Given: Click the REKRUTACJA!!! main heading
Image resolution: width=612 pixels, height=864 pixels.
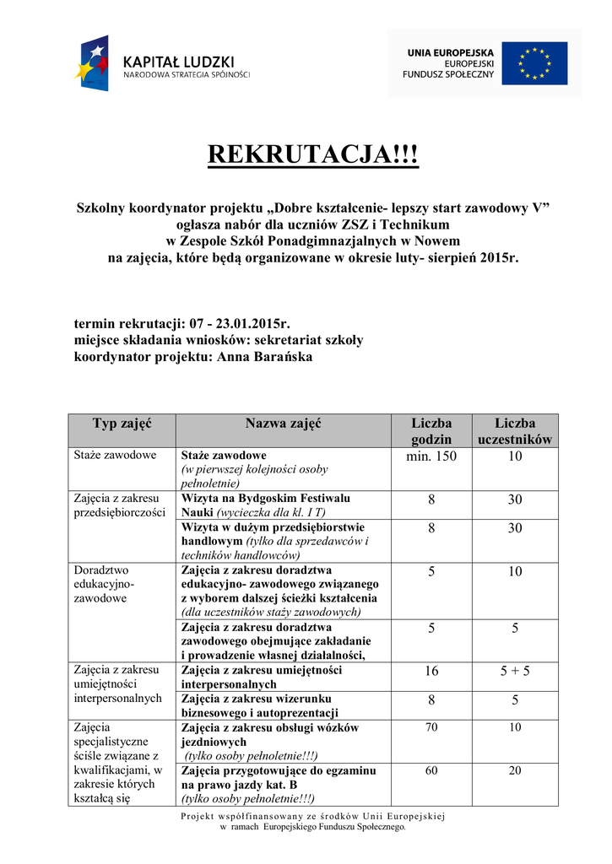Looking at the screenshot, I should [x=313, y=155].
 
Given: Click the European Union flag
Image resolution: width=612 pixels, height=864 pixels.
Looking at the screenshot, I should [x=534, y=63].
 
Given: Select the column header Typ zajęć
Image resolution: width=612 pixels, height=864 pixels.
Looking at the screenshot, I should [x=122, y=423].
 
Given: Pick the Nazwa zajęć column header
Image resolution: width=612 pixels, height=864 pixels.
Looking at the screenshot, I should [x=283, y=423].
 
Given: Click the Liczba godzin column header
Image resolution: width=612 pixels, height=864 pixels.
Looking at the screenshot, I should [x=431, y=431].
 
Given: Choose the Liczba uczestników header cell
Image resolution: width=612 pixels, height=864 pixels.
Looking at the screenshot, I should [x=515, y=431].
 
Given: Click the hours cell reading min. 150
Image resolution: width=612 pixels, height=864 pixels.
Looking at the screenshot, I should [x=431, y=456].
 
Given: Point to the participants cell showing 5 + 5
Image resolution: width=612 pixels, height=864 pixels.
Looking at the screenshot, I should [x=515, y=671].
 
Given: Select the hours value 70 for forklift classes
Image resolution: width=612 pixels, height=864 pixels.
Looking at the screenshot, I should [x=431, y=727].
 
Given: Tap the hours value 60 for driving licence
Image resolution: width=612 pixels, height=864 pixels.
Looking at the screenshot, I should [x=431, y=770].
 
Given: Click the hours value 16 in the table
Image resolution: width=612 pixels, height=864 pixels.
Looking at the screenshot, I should [x=431, y=671].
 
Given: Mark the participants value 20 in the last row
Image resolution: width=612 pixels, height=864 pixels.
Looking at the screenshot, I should [x=515, y=770].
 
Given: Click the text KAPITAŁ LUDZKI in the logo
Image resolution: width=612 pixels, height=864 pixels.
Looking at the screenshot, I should [x=179, y=62].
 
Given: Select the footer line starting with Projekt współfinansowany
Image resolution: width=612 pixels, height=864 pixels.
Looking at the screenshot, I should [x=313, y=816].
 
